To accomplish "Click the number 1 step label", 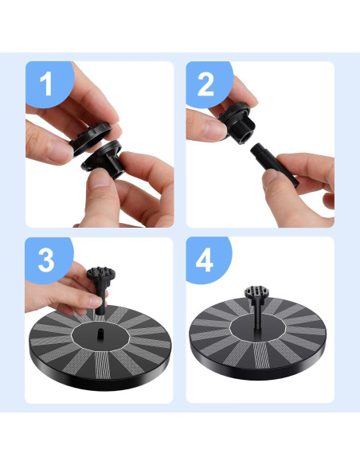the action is (46, 84).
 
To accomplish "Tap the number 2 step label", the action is (205, 84).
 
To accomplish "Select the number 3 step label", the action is (46, 260).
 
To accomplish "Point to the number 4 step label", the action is (205, 260).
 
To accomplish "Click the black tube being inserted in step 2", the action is (274, 165).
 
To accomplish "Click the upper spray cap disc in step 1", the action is (91, 139).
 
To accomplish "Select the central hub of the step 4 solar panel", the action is (257, 328).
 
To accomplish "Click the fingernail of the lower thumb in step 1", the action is (100, 178).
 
